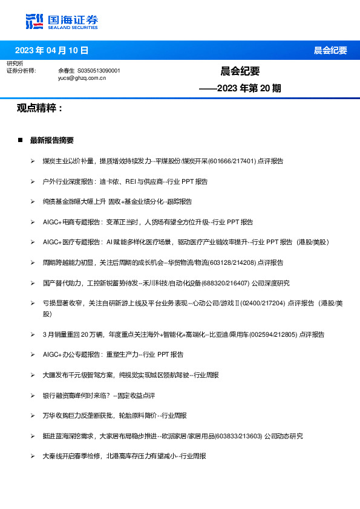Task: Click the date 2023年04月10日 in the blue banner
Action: point(51,50)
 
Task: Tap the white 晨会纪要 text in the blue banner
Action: point(330,51)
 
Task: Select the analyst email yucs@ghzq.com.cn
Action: point(82,78)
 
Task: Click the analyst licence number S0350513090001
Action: point(99,71)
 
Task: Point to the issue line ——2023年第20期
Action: point(240,88)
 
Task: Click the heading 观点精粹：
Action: point(40,108)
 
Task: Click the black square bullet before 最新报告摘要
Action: point(20,140)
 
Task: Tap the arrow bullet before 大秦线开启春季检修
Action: point(32,456)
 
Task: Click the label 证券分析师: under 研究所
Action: point(21,71)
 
